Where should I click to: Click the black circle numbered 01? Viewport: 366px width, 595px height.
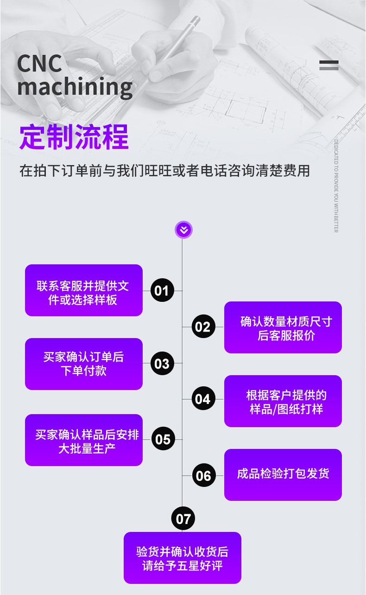click(x=162, y=291)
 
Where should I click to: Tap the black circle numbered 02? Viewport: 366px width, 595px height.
click(x=202, y=327)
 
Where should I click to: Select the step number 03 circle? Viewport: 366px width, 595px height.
click(x=162, y=364)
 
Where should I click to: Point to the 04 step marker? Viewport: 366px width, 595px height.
click(x=202, y=399)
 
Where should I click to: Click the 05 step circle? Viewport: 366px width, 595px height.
click(x=163, y=439)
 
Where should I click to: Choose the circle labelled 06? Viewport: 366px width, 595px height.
click(x=204, y=475)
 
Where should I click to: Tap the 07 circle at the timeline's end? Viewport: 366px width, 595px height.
click(x=183, y=518)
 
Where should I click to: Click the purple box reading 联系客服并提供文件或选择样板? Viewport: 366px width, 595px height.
click(x=84, y=290)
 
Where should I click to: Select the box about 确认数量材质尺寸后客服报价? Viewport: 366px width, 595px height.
click(x=283, y=327)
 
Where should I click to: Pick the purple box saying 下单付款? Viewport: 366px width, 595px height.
click(x=84, y=364)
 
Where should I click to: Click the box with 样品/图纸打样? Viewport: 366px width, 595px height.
click(x=283, y=401)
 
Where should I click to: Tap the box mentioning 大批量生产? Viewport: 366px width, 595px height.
click(x=84, y=440)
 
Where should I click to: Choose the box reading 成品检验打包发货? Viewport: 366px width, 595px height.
click(x=283, y=475)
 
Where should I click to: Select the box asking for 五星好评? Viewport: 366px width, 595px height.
click(x=183, y=558)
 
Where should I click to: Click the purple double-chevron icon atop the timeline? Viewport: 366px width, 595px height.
click(x=183, y=230)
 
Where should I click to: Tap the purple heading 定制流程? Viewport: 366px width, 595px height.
click(x=74, y=137)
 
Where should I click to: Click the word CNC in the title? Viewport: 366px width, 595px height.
click(x=39, y=64)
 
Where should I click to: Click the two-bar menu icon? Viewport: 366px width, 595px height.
click(x=329, y=65)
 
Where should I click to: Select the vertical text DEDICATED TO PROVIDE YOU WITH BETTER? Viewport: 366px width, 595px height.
click(x=336, y=186)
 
